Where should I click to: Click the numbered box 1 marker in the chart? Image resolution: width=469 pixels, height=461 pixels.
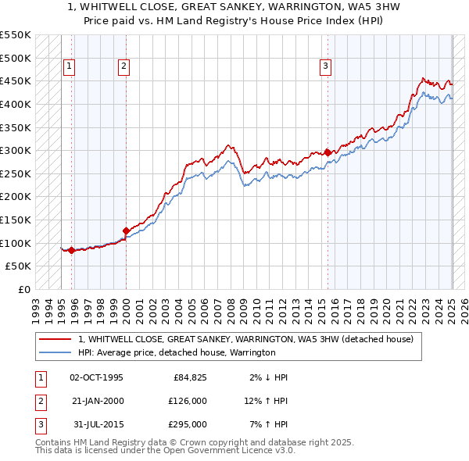(70, 67)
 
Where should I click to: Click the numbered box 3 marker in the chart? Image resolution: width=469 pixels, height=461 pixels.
(324, 67)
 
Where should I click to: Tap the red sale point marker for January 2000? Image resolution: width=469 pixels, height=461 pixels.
(126, 230)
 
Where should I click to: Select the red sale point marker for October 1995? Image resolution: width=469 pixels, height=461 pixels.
(71, 250)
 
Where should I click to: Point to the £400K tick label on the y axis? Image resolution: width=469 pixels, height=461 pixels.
(16, 104)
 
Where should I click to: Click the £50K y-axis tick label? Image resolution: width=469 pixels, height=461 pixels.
(19, 266)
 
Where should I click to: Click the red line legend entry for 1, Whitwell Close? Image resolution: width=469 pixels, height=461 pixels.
(250, 340)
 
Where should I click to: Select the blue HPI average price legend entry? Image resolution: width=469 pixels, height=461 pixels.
(176, 352)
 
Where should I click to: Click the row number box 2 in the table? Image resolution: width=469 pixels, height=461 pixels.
(38, 401)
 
